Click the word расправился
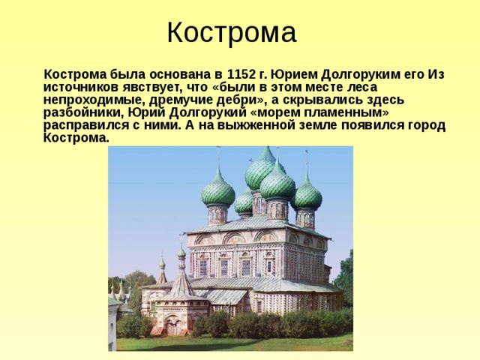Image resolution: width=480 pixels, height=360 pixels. (85, 125)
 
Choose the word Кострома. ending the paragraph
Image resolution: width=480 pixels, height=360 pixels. (76, 138)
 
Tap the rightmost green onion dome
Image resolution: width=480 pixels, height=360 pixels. (307, 195)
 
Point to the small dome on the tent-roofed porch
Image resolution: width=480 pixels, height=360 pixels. (181, 254)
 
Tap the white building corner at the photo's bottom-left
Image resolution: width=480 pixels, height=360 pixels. (113, 322)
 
